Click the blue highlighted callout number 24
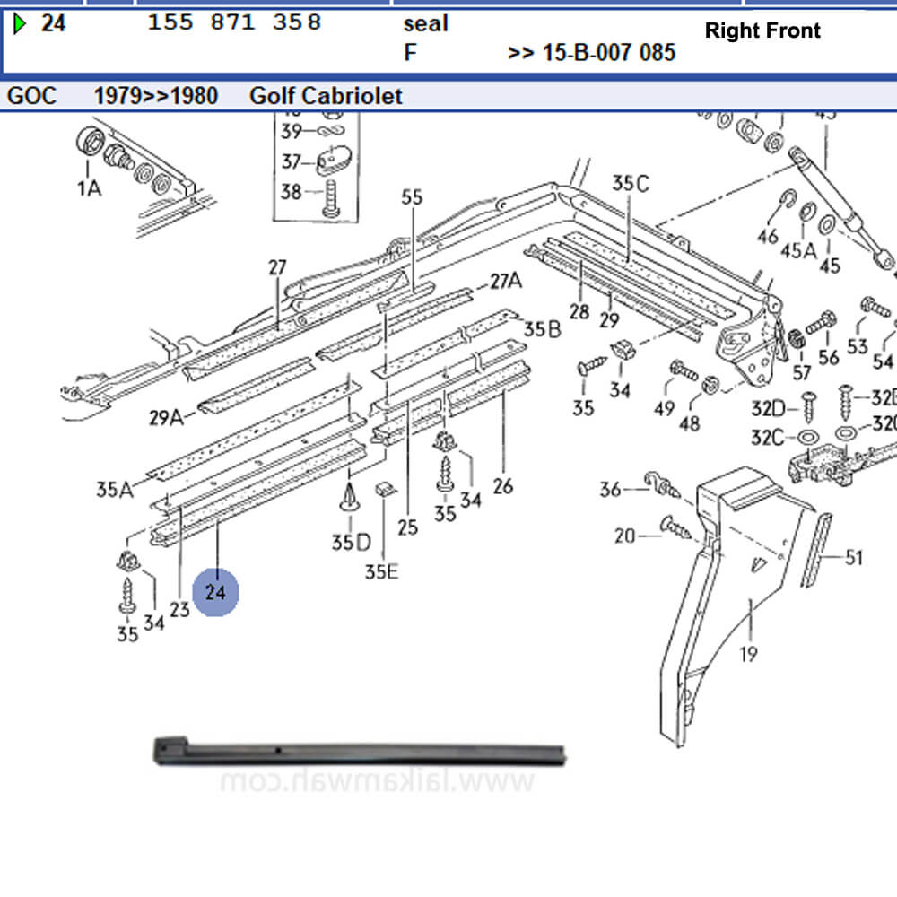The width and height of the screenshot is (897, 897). coord(215,592)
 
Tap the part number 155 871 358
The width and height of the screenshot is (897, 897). coord(234,22)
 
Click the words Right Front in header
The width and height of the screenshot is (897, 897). coord(762,30)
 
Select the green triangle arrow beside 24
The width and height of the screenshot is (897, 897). coord(20,23)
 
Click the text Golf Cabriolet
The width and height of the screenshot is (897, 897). coord(326,95)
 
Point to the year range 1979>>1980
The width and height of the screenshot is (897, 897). coord(156,95)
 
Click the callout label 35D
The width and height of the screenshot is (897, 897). coord(350,542)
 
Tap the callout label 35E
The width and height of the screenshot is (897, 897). coord(381,570)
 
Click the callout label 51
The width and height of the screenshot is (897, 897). coord(853,558)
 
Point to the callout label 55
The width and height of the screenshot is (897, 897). coord(412,197)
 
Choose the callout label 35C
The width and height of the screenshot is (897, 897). coord(630,183)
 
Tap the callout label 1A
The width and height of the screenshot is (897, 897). coord(88,187)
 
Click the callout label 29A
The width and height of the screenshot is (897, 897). coord(165,416)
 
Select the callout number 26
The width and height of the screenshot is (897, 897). coord(503,486)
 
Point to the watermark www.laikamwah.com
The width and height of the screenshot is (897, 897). coord(377,782)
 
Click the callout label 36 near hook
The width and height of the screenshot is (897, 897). coord(611,489)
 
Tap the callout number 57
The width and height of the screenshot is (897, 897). coord(801,371)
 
